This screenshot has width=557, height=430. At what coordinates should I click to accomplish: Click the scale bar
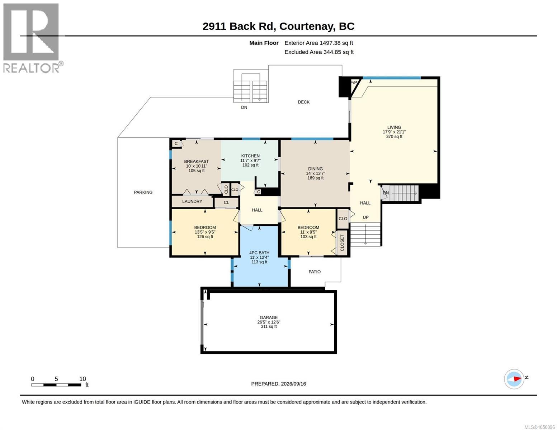click(56, 384)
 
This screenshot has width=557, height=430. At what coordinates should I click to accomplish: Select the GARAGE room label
click(269, 317)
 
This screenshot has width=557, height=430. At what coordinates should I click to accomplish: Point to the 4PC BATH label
click(259, 253)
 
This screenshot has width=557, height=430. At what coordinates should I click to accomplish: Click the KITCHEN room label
click(250, 156)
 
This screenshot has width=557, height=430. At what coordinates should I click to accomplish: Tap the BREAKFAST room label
click(196, 161)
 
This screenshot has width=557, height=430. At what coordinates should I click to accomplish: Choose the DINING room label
click(315, 169)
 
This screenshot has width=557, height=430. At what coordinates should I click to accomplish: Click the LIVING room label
click(394, 127)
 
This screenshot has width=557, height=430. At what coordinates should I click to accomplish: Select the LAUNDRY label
click(192, 201)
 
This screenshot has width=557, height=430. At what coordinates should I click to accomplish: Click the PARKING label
click(143, 192)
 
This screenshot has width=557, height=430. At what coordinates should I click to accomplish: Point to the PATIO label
click(315, 272)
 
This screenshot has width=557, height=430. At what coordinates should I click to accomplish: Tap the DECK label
click(303, 102)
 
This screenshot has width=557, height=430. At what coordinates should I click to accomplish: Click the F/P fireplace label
click(354, 82)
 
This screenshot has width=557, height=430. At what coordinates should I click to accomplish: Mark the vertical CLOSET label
click(342, 243)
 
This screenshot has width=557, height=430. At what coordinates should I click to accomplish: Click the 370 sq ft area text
click(394, 137)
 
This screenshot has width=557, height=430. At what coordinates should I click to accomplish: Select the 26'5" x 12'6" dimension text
click(269, 322)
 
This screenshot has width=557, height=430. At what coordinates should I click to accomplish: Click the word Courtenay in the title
click(307, 27)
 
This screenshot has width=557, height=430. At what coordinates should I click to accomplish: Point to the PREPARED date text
click(278, 384)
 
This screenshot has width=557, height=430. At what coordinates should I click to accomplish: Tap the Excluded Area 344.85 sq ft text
click(319, 52)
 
